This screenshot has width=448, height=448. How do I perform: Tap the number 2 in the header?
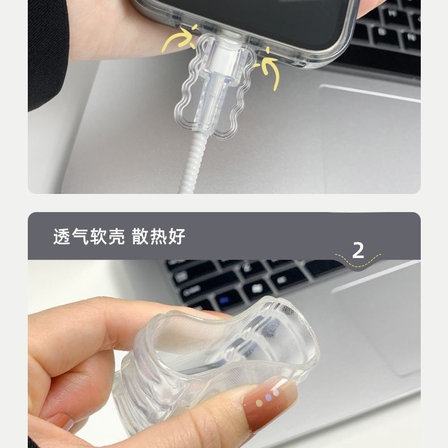(x=358, y=250)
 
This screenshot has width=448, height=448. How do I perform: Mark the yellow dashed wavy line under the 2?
(x=358, y=260)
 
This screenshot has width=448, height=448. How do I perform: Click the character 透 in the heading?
(x=62, y=236)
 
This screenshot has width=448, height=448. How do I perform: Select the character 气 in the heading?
(x=81, y=236)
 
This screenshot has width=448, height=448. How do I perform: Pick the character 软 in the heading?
(x=99, y=236)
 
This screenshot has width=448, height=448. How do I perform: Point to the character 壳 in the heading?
(x=116, y=236)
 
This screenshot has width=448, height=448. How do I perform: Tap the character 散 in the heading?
(x=140, y=236)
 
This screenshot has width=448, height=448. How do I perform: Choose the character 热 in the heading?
(x=158, y=236)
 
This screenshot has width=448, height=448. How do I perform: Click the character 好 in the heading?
(x=177, y=236)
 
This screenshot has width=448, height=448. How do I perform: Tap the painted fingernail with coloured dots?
(x=269, y=399)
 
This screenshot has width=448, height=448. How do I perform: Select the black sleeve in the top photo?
(x=45, y=51)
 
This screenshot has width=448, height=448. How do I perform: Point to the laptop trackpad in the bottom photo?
(x=380, y=323)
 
